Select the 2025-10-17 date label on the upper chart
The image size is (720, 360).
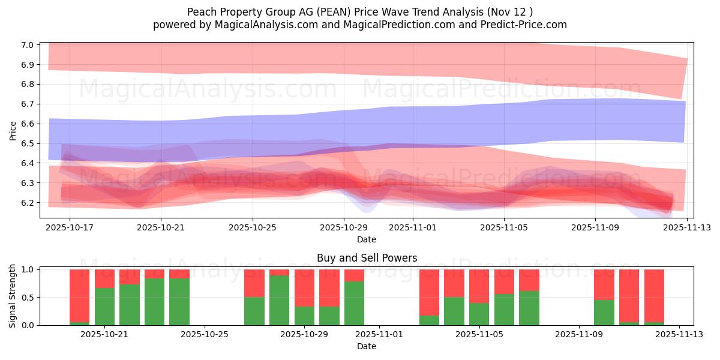point(70,228)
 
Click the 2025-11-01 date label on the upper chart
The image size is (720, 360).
point(412,228)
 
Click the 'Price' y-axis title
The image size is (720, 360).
point(13,130)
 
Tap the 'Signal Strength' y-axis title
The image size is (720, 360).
point(13,296)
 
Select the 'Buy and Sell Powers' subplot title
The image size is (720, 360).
point(367,259)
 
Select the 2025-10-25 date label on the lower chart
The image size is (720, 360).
point(205,335)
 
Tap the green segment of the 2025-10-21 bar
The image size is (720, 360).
point(104,306)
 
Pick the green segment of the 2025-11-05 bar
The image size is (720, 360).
point(479,314)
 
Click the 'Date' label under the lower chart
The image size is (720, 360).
point(367,346)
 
